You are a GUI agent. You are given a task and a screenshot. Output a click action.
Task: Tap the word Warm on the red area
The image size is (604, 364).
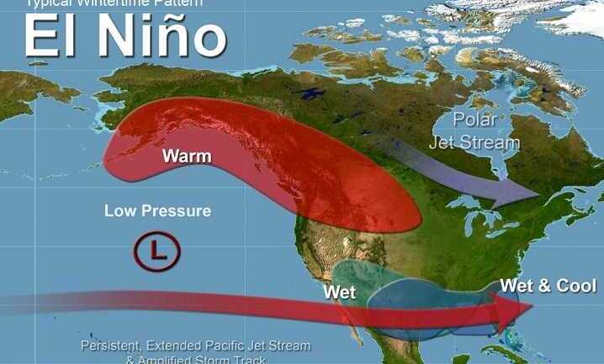[187, 156]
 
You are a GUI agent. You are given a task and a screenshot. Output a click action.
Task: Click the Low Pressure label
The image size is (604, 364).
[157, 211]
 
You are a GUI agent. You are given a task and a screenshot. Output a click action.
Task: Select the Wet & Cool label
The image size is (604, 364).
[548, 286]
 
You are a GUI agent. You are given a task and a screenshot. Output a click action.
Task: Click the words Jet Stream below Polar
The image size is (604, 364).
[474, 142]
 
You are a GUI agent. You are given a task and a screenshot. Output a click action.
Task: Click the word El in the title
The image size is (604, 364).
[50, 38]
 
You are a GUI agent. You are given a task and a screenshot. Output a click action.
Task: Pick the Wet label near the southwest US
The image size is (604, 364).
[340, 293]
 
